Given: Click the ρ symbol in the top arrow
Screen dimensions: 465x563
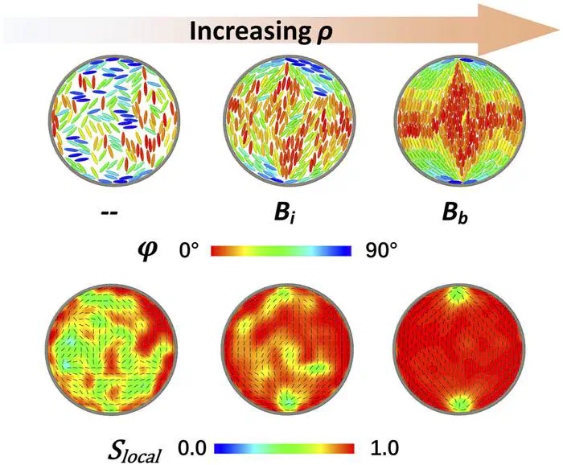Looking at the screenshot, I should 324,34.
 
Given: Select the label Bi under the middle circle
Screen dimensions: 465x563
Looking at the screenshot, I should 286,216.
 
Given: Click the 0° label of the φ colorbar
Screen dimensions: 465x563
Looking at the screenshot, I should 193,251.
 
